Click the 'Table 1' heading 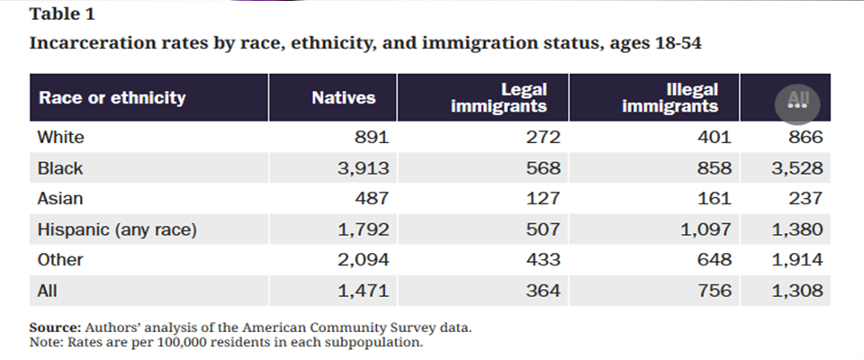[59, 14]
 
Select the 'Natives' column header [343, 97]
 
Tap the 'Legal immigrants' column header [512, 97]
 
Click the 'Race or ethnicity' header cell [112, 97]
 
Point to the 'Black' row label [60, 168]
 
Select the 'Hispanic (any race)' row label [117, 229]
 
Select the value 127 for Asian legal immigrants [544, 199]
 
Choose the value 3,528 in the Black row [797, 168]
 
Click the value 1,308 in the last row [797, 291]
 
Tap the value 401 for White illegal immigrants [715, 138]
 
